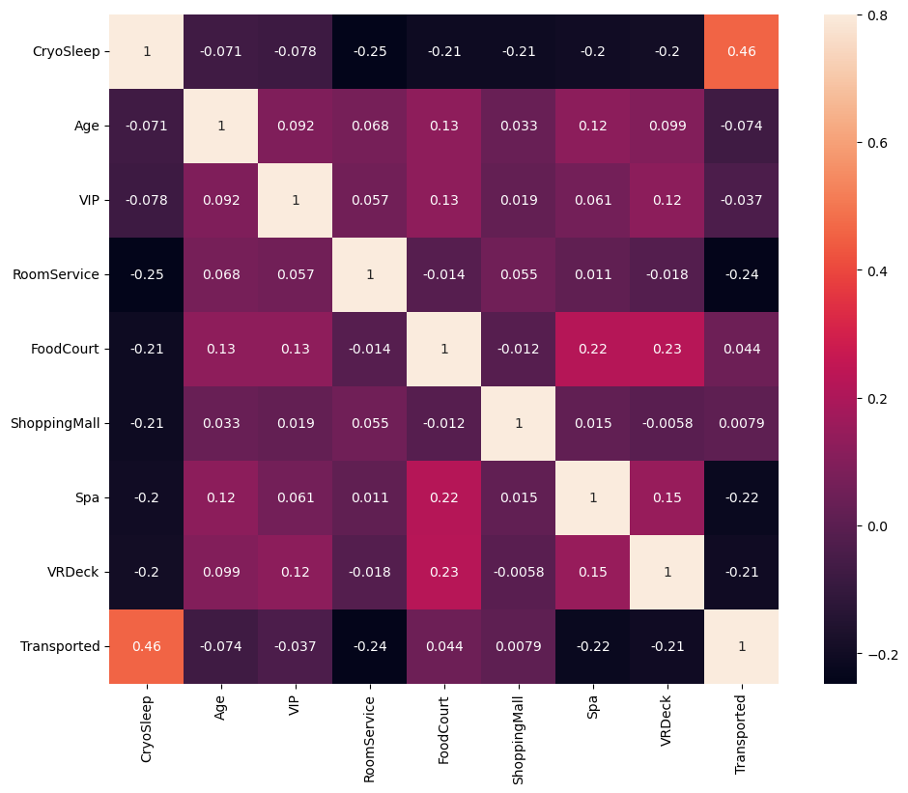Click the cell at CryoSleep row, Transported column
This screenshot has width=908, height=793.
tap(741, 51)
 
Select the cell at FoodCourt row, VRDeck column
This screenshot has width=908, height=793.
tap(667, 349)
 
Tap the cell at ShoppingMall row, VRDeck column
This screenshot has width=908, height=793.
tap(667, 423)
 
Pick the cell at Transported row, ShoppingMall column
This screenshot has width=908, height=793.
tap(518, 646)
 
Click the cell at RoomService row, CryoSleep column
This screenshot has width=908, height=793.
tap(147, 274)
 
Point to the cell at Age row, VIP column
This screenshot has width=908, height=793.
tap(296, 126)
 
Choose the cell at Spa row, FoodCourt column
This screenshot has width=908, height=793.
tap(443, 497)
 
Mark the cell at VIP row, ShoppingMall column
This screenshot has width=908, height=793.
tap(518, 200)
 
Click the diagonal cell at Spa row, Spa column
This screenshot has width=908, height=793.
tap(592, 497)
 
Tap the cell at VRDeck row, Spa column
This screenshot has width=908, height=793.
tap(592, 572)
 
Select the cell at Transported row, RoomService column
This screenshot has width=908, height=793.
tap(369, 646)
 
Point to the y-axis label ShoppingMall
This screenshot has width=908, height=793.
tap(54, 423)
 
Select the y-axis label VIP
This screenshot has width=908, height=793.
tap(88, 200)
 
